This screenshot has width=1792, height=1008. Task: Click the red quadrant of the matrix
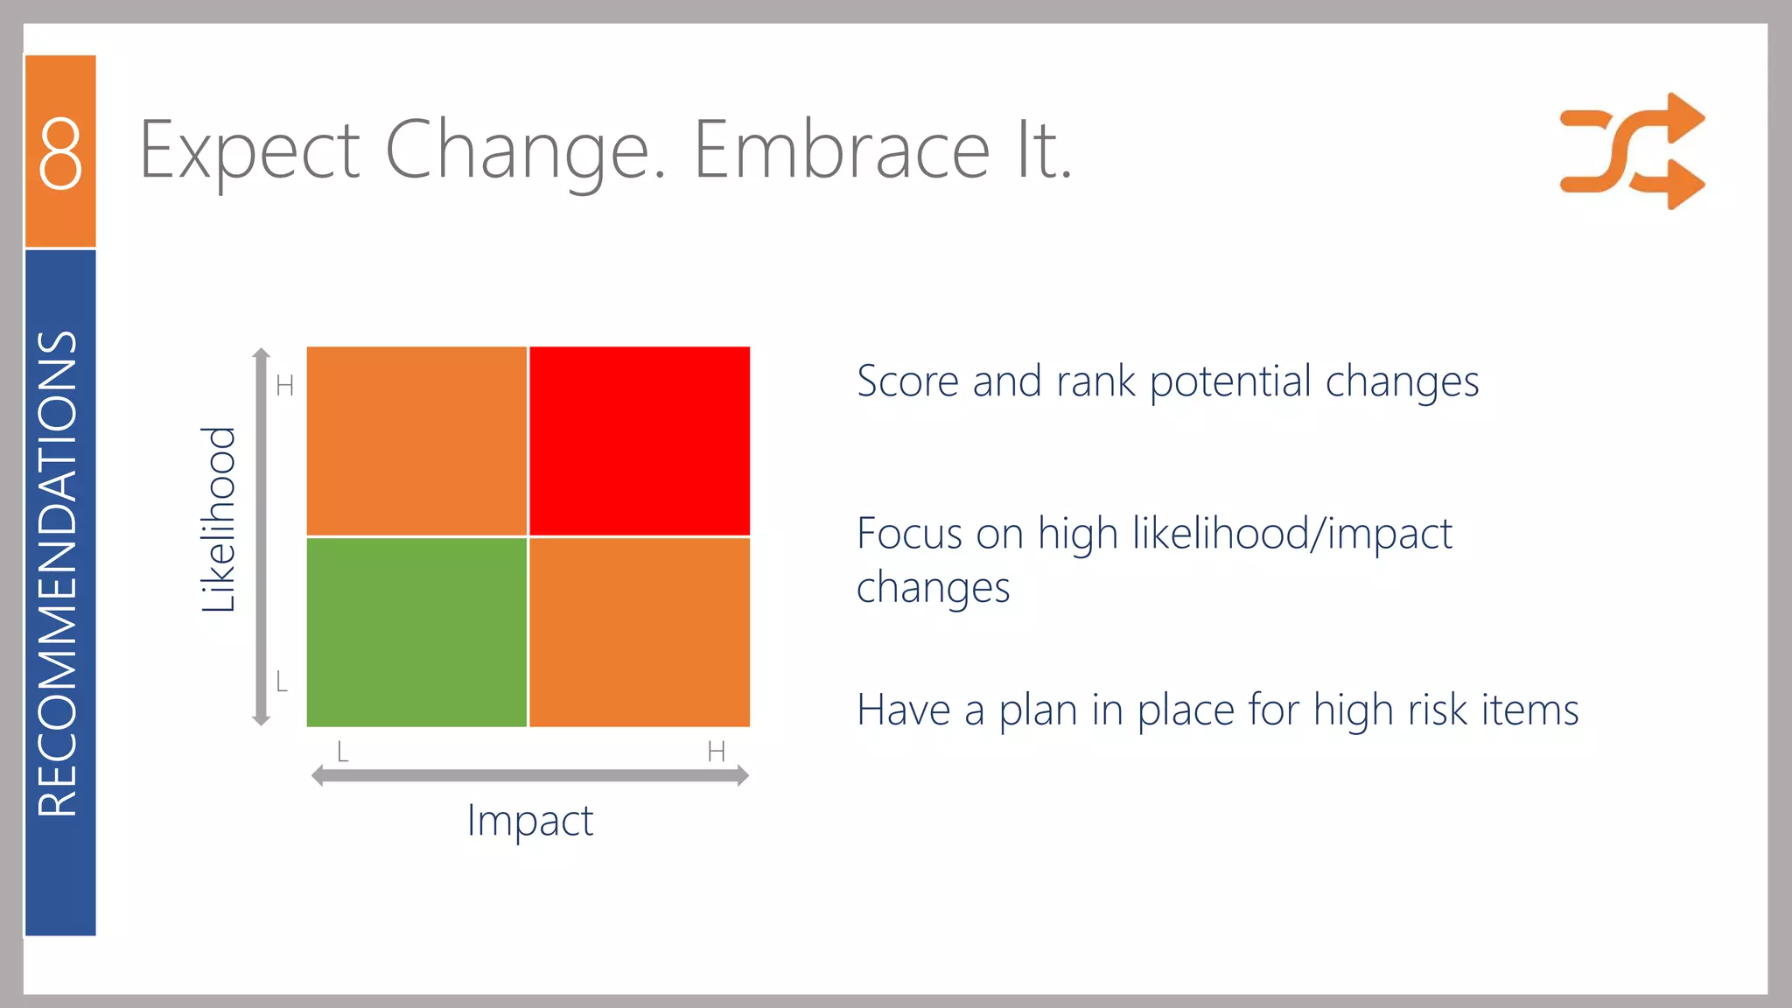click(640, 440)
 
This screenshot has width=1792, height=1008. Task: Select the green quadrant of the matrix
click(416, 632)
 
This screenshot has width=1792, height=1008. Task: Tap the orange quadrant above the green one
click(416, 440)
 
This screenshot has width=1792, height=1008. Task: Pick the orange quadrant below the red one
click(640, 632)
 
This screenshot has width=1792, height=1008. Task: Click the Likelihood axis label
click(219, 519)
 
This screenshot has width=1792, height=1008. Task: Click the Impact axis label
click(530, 821)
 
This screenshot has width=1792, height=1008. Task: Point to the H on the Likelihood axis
click(284, 386)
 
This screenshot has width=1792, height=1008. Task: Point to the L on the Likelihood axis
click(282, 682)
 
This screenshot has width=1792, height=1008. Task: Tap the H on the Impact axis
click(716, 751)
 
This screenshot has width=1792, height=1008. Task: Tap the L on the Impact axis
click(343, 751)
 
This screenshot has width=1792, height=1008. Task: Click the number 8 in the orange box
click(60, 154)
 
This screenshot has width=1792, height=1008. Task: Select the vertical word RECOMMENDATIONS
click(59, 573)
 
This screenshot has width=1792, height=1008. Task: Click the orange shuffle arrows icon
click(1632, 151)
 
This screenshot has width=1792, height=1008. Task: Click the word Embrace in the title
click(842, 150)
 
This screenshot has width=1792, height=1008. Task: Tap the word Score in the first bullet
click(907, 381)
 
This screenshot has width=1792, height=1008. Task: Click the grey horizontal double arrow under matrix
click(530, 775)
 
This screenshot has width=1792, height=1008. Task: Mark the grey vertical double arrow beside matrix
click(261, 536)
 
